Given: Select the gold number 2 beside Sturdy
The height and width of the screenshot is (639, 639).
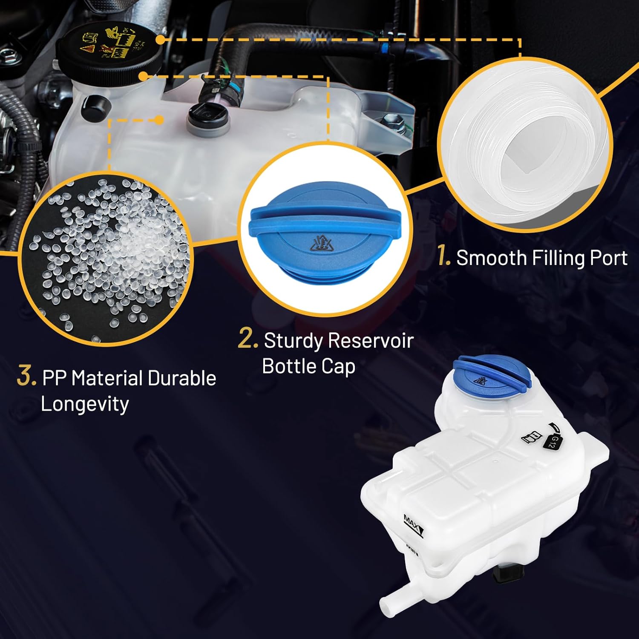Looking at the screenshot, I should coord(248,339).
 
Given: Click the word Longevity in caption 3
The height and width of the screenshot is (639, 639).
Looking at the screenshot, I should coord(85,404).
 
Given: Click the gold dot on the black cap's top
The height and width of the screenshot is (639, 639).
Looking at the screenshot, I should coord(160,40).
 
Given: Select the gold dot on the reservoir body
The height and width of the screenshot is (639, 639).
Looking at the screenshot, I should coord(159,120).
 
